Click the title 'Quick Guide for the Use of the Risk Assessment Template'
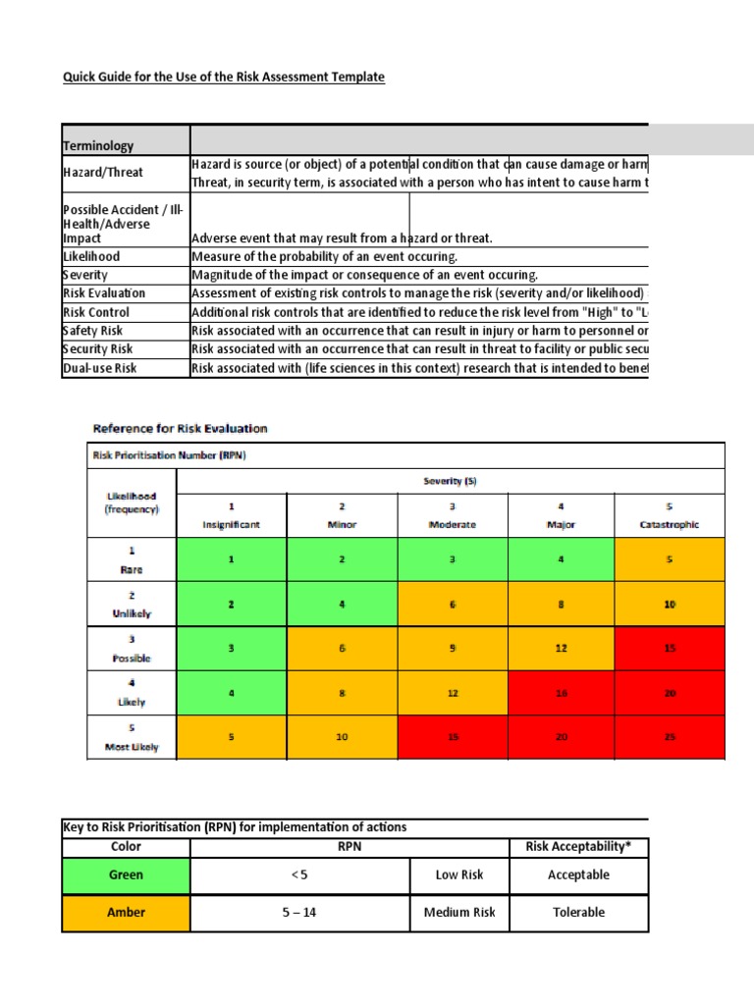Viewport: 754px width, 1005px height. click(x=224, y=77)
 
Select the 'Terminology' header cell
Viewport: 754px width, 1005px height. click(x=98, y=145)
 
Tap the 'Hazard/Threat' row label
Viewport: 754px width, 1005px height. click(x=102, y=172)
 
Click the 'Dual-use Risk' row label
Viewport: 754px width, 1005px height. click(x=99, y=368)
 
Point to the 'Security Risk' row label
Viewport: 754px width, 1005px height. click(x=97, y=348)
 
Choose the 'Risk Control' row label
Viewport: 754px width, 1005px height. click(x=95, y=311)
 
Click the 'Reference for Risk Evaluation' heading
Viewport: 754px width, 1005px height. click(x=180, y=428)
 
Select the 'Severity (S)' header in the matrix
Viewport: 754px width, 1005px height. click(x=451, y=481)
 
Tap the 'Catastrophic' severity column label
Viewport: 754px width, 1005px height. click(x=669, y=524)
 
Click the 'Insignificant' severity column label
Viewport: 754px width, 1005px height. click(x=232, y=524)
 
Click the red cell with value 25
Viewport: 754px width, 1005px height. click(x=670, y=736)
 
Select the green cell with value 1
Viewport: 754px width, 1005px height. click(x=232, y=558)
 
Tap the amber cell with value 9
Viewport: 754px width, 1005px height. click(x=452, y=648)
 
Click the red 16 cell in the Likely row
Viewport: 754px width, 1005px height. click(x=561, y=692)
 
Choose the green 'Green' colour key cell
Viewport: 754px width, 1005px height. click(x=126, y=874)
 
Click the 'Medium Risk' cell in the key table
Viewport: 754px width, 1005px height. click(x=459, y=912)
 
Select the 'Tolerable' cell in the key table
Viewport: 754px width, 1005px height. click(x=578, y=912)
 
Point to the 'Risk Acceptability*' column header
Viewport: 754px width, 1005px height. click(x=578, y=846)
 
